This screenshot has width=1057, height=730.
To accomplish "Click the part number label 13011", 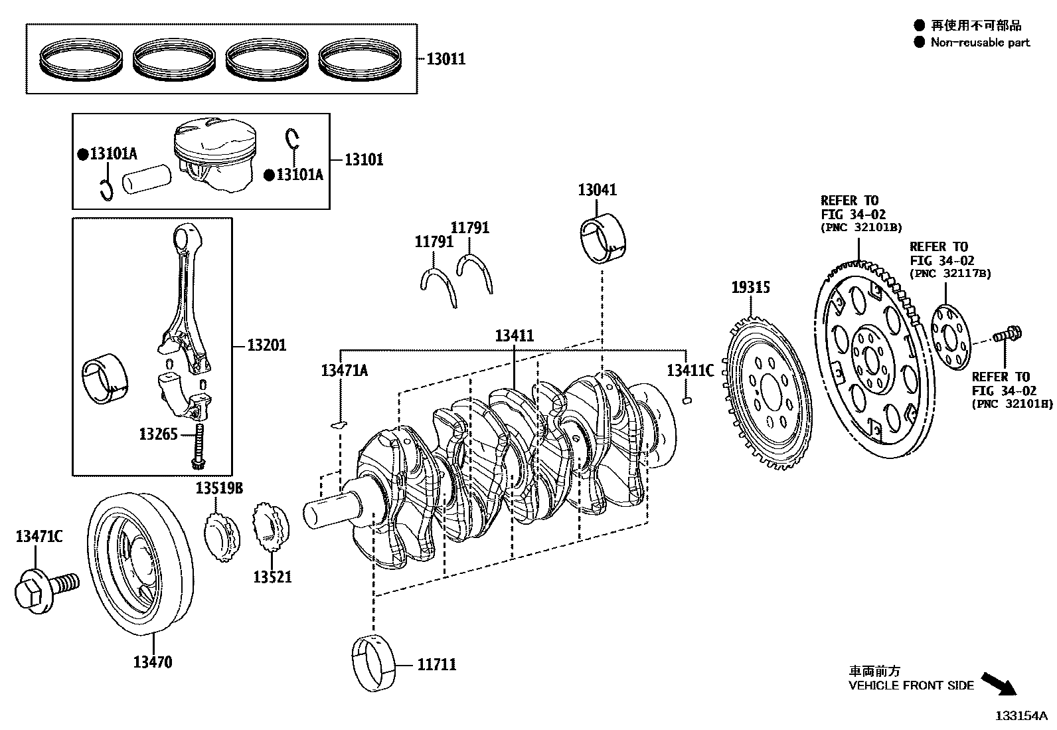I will (x=445, y=59).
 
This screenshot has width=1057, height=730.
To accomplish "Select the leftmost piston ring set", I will (x=83, y=60).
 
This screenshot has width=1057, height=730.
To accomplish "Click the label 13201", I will (x=267, y=345).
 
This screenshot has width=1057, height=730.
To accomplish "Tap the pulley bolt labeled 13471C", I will (x=43, y=588).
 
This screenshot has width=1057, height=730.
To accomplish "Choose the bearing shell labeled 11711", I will (x=372, y=662).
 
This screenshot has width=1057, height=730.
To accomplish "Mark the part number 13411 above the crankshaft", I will (x=514, y=336).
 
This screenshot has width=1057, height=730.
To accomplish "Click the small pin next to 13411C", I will (x=689, y=400).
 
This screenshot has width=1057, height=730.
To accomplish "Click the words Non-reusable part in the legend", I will (x=980, y=43).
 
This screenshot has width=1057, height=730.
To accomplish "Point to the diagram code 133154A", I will (x=1020, y=717).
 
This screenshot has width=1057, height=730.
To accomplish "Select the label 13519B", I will (x=219, y=489).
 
